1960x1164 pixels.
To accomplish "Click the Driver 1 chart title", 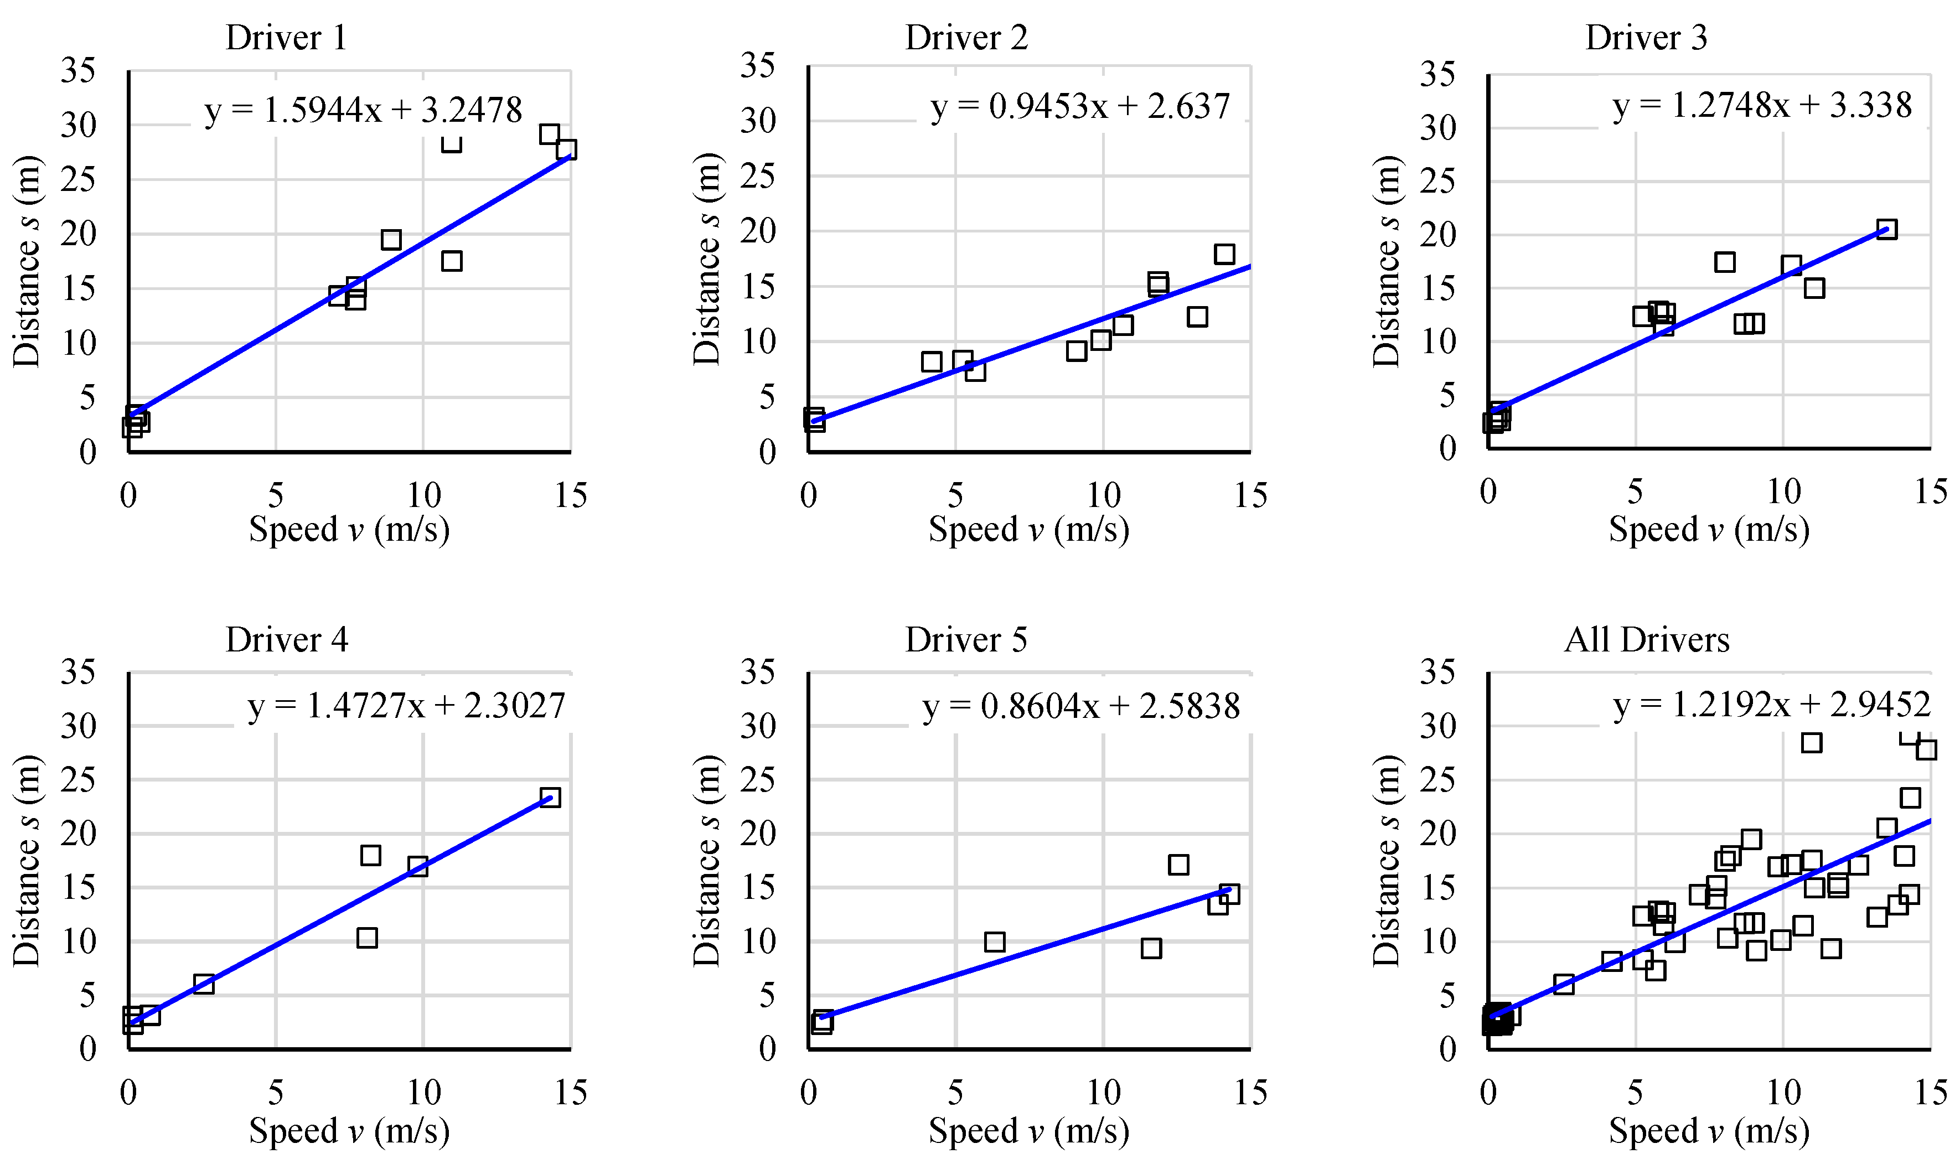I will click(286, 38).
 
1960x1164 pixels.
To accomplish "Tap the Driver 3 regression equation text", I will click(1762, 105).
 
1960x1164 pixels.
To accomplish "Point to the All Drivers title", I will click(1646, 640).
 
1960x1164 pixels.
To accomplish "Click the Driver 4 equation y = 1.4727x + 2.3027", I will click(406, 705).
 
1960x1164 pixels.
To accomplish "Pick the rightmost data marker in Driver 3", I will click(1886, 229).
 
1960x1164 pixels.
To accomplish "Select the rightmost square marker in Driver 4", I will click(551, 798).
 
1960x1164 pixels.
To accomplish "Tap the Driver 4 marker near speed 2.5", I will click(204, 984).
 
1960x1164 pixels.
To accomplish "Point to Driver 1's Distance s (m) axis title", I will click(27, 261).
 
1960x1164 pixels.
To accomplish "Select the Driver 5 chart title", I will click(965, 640).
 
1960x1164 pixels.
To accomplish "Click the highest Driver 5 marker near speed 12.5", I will click(1178, 865).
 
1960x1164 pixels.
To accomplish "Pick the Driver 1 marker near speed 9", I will click(391, 239).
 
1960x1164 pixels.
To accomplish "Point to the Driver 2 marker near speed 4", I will click(931, 361).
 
